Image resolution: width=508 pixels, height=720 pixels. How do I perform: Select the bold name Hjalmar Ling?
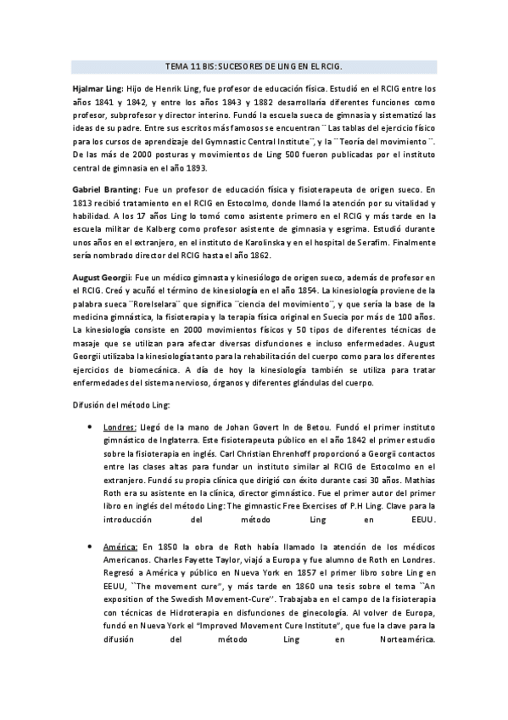pos(98,87)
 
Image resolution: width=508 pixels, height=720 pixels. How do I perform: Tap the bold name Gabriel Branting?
pos(104,191)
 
